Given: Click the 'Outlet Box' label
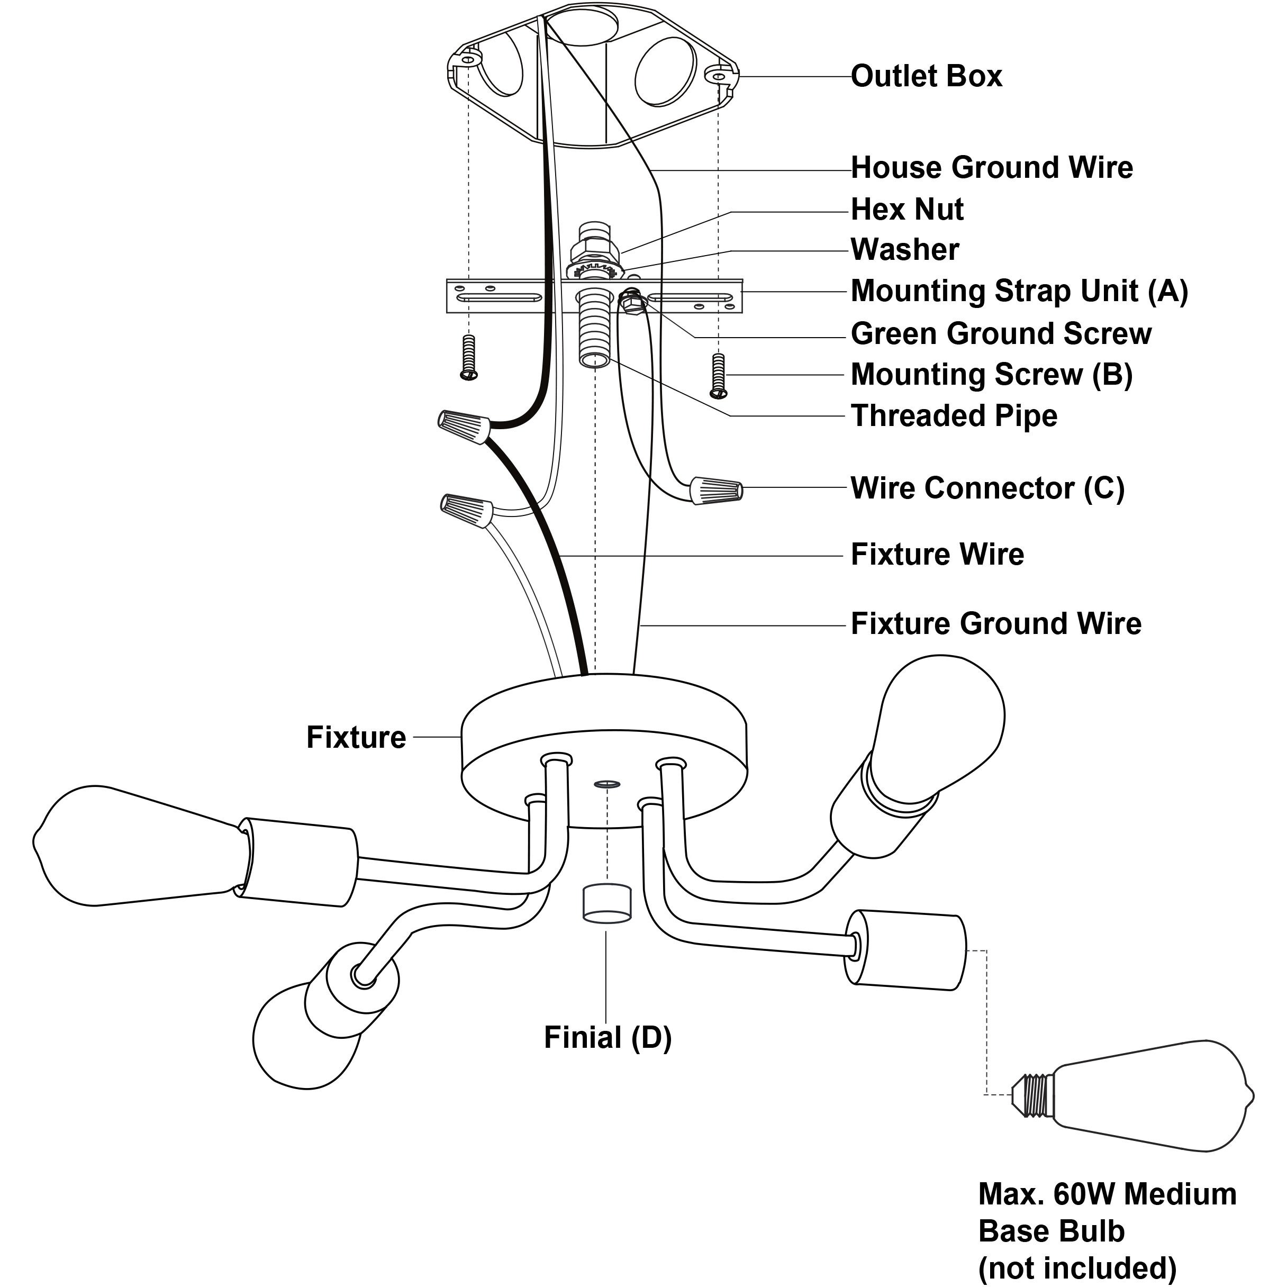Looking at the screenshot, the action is click(x=926, y=76).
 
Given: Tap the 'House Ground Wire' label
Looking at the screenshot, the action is click(x=992, y=168).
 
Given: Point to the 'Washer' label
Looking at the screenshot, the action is click(x=904, y=250).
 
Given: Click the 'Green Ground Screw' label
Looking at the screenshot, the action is click(x=1001, y=333).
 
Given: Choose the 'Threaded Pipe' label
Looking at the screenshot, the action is click(x=954, y=415).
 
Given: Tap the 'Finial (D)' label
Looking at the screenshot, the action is click(x=608, y=1037).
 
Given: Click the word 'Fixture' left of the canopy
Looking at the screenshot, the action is click(x=356, y=737).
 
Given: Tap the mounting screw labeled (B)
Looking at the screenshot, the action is click(x=718, y=375).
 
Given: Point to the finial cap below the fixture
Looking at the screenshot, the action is click(x=607, y=904).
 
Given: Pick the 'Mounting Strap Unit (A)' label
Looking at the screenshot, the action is click(x=1019, y=292).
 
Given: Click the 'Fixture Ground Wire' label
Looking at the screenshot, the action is click(x=996, y=624).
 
